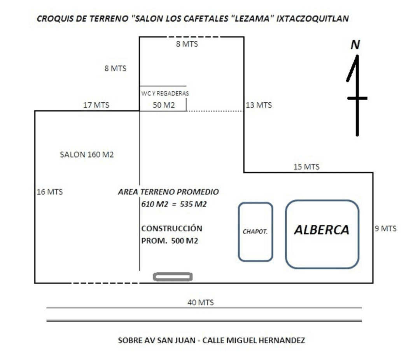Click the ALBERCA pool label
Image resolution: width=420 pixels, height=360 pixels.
click(x=322, y=230)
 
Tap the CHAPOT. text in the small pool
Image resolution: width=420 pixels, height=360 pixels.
click(x=255, y=232)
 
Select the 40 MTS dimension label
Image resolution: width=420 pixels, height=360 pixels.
click(x=201, y=302)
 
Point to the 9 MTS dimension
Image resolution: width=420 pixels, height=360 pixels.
click(x=385, y=229)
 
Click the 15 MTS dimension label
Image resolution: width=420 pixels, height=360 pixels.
click(x=306, y=167)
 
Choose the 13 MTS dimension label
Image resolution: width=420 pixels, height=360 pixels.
click(x=259, y=105)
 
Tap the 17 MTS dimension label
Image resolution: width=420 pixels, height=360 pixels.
click(x=96, y=105)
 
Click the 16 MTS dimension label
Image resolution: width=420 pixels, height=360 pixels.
click(x=49, y=192)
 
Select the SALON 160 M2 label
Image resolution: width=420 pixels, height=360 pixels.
click(x=87, y=155)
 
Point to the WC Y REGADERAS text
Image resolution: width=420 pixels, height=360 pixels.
click(x=165, y=93)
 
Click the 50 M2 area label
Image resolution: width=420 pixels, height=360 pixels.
click(x=164, y=105)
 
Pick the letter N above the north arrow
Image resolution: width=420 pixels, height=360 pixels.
click(x=355, y=45)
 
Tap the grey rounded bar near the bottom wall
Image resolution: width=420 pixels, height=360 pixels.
click(x=173, y=277)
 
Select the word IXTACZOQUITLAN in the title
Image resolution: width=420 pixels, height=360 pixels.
click(x=313, y=19)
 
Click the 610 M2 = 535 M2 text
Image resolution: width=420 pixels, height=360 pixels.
click(x=174, y=204)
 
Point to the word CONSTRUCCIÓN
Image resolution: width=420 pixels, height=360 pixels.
click(x=172, y=228)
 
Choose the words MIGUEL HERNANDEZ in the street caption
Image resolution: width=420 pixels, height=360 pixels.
click(x=266, y=340)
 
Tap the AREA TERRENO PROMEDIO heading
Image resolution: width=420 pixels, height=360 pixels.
click(x=168, y=192)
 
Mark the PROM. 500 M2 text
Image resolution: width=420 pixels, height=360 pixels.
click(x=170, y=241)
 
